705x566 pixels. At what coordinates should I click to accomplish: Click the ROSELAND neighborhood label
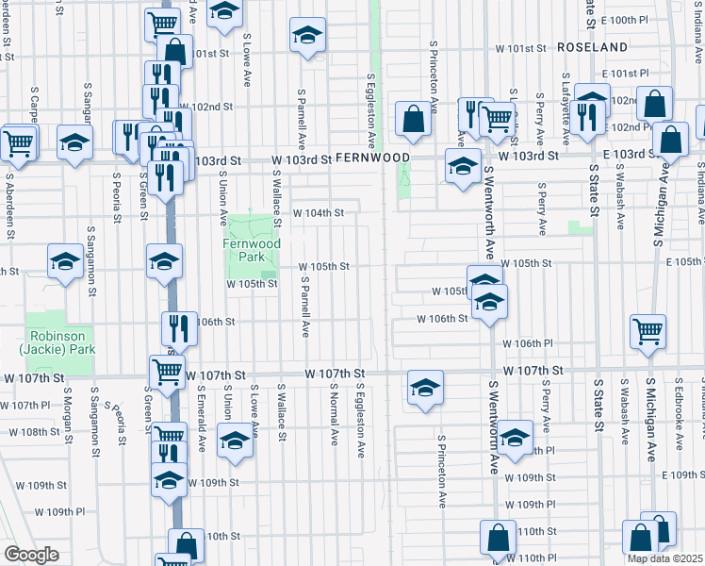(x=592, y=46)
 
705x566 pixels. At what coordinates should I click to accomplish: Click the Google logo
(x=31, y=555)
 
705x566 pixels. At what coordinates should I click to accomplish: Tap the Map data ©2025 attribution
(x=664, y=558)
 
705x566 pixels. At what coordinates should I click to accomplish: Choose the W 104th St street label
(x=318, y=213)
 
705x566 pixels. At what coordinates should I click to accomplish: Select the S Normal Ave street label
(x=335, y=413)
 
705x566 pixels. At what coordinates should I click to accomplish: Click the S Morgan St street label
(x=68, y=413)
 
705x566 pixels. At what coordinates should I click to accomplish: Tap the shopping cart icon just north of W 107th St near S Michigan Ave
(x=648, y=330)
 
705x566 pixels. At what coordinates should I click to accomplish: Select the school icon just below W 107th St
(x=425, y=387)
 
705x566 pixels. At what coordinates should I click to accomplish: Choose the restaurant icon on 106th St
(x=179, y=327)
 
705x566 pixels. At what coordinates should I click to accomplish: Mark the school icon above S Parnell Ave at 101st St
(x=306, y=35)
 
